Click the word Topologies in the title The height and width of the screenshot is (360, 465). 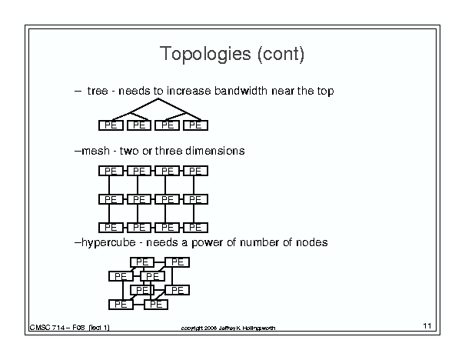pyautogui.click(x=205, y=55)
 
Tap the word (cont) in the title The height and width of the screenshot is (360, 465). pyautogui.click(x=281, y=55)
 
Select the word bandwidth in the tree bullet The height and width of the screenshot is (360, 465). pyautogui.click(x=241, y=91)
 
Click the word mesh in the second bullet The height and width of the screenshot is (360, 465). pyautogui.click(x=95, y=151)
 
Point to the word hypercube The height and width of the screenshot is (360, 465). pyautogui.click(x=108, y=243)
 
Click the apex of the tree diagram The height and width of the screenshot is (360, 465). pyautogui.click(x=158, y=98)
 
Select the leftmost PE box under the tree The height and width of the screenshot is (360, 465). pyautogui.click(x=111, y=125)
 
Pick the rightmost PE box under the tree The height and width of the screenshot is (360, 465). pyautogui.click(x=195, y=125)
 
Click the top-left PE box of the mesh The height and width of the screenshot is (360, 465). pyautogui.click(x=111, y=171)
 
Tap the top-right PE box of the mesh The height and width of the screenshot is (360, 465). pyautogui.click(x=195, y=171)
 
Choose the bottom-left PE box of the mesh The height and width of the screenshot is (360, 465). pyautogui.click(x=111, y=228)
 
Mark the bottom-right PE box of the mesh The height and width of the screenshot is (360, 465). pyautogui.click(x=195, y=228)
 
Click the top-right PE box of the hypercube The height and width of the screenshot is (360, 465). pyautogui.click(x=178, y=262)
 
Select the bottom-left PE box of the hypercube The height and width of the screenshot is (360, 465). pyautogui.click(x=121, y=305)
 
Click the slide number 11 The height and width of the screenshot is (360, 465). pyautogui.click(x=427, y=326)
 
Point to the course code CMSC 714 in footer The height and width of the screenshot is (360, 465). pyautogui.click(x=47, y=328)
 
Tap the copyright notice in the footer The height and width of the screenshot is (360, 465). pyautogui.click(x=228, y=328)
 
